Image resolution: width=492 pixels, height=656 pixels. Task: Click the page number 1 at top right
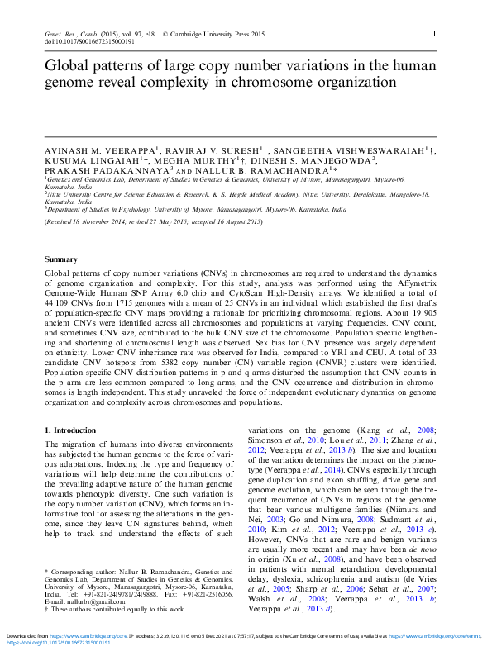(x=435, y=33)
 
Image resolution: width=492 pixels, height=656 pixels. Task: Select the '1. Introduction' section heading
(x=70, y=430)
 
